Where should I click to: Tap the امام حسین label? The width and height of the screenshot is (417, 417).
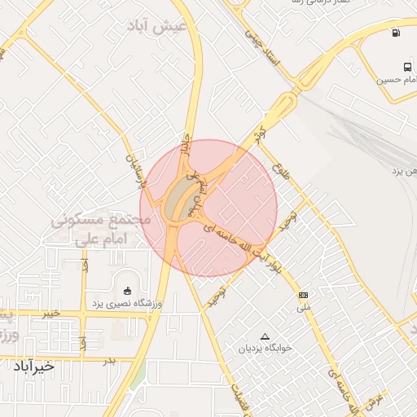tap(397, 81)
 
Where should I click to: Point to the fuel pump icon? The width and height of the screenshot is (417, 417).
tap(396, 33)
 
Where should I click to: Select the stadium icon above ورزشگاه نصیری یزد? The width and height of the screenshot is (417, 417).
tap(126, 291)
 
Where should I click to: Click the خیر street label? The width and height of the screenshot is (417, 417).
tap(50, 312)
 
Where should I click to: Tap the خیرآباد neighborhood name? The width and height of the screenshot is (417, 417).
tap(33, 367)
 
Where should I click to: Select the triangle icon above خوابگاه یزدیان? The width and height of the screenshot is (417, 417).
tap(264, 336)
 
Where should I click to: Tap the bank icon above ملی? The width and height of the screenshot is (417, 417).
tap(304, 294)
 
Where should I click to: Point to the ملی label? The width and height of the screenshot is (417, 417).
tap(304, 307)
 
